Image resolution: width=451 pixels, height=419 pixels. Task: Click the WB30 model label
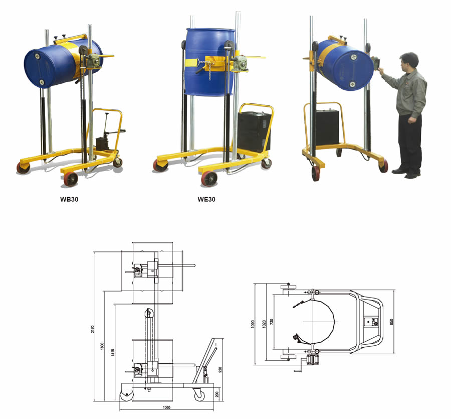coord(69,199)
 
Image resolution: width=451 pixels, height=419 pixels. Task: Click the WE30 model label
coord(206,199)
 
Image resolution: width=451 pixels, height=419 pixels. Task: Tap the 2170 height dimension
coord(93,329)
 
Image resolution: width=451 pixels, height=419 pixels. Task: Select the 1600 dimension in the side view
coord(102,346)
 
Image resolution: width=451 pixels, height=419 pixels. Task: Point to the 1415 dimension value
coord(113,352)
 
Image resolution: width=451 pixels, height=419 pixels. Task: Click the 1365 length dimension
coord(166,407)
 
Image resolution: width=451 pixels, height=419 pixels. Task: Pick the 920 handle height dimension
coord(220,369)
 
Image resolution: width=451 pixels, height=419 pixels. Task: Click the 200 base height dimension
coord(217,394)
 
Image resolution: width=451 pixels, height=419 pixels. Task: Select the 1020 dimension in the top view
coord(264,324)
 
